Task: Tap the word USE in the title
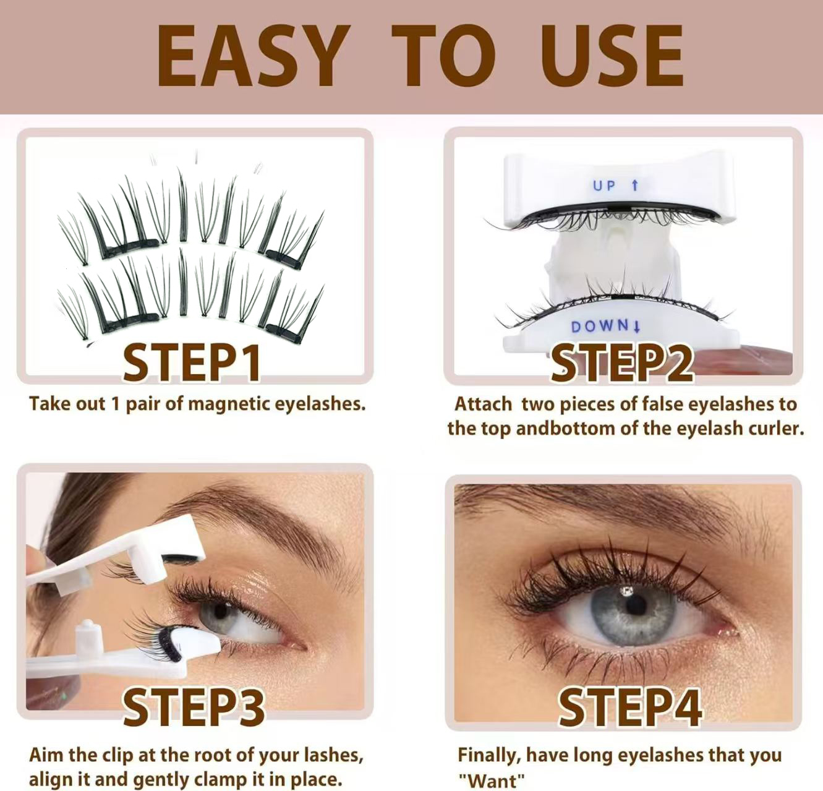click(x=612, y=56)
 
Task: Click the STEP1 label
click(x=192, y=362)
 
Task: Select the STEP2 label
click(x=621, y=362)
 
